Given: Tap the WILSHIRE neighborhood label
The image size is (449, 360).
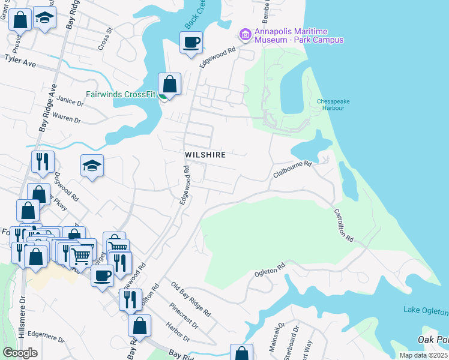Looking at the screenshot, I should pyautogui.click(x=205, y=155).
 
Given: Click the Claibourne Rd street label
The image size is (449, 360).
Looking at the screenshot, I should pyautogui.click(x=293, y=167).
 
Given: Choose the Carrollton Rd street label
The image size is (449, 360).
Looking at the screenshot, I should pyautogui.click(x=344, y=225).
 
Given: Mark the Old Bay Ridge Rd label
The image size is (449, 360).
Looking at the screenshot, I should pyautogui.click(x=190, y=299).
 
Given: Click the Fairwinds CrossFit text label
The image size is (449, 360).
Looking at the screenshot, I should pyautogui.click(x=121, y=94).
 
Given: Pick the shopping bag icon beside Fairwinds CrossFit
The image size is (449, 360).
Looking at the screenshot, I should pyautogui.click(x=170, y=85).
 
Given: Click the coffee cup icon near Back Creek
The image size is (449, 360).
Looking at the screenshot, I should pyautogui.click(x=191, y=43).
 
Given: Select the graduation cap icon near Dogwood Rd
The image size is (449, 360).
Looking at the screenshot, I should pyautogui.click(x=92, y=166).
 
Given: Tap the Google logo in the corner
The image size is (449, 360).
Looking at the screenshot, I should pyautogui.click(x=20, y=353).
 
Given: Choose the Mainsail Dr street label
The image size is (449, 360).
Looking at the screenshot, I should pyautogui.click(x=277, y=340).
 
